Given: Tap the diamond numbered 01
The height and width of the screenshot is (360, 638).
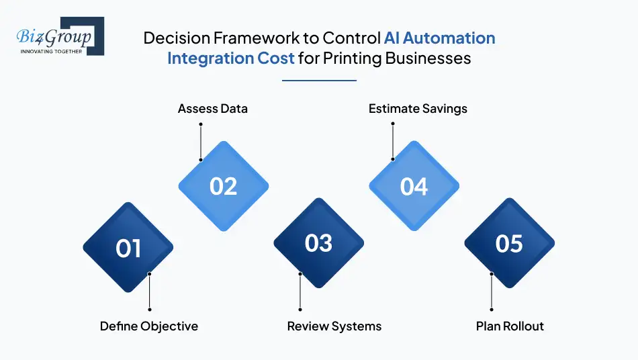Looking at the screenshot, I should click(x=128, y=248).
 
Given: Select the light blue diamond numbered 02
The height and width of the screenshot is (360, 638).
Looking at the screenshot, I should click(x=224, y=185).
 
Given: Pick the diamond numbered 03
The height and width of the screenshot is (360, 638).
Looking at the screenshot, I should click(x=319, y=243).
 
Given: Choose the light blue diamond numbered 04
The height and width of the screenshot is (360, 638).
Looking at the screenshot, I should click(x=414, y=185).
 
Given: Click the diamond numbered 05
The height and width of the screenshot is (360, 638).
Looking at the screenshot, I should click(x=509, y=243).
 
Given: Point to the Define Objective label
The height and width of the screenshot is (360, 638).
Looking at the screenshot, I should click(x=149, y=326).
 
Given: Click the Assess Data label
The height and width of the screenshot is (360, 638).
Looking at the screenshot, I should click(x=213, y=108).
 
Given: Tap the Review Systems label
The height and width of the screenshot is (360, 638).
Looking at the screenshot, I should click(x=334, y=326).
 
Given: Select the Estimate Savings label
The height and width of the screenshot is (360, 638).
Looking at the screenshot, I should click(x=418, y=108).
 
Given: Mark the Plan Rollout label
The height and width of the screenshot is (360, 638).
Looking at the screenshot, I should click(x=510, y=326).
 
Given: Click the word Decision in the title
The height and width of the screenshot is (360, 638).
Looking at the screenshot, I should click(x=173, y=38).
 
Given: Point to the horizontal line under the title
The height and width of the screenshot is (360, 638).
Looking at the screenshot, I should click(x=319, y=81).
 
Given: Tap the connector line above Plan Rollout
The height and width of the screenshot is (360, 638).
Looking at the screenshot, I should click(x=492, y=293).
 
